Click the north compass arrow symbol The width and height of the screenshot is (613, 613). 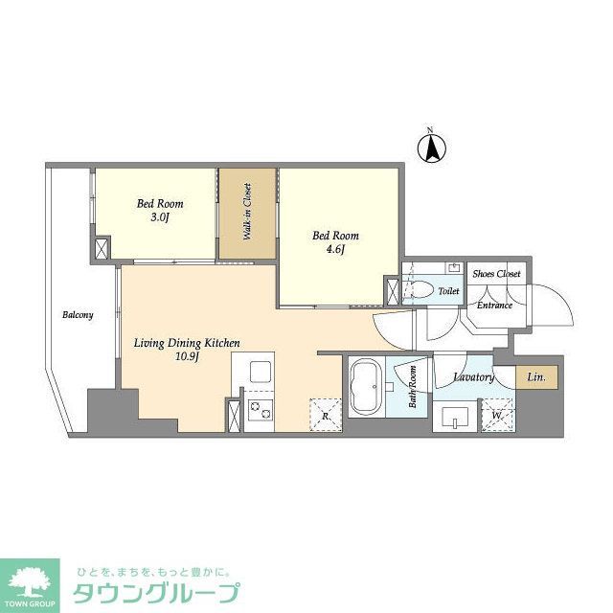[x=432, y=148]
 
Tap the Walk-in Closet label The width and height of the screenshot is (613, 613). [x=247, y=211]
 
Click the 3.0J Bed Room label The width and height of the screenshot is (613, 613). [x=159, y=210]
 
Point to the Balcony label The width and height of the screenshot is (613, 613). [x=78, y=314]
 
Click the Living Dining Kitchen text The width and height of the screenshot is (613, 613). [x=186, y=342]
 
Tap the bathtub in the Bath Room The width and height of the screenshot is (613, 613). [x=367, y=387]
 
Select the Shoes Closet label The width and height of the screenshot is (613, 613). [x=496, y=274]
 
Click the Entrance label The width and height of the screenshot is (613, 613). [x=494, y=305]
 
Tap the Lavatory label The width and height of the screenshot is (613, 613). [x=473, y=377]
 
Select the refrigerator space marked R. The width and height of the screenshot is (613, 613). [x=325, y=413]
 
